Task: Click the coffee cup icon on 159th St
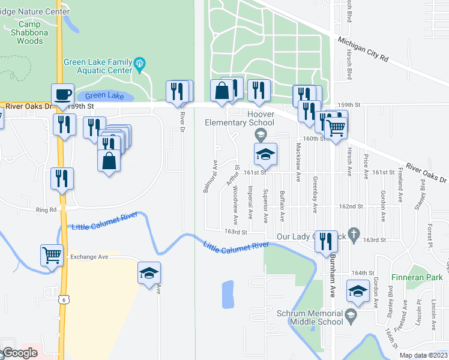pos(62,95)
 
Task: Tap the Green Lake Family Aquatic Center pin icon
pos(140,63)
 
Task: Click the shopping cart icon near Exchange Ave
pos(52,254)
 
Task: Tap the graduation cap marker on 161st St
pos(265,154)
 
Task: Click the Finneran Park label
pos(417,277)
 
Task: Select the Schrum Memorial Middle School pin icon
pos(351,314)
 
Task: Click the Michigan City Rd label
pos(363,49)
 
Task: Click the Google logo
pos(20,353)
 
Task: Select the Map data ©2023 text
pos(423,355)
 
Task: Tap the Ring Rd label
pos(46,210)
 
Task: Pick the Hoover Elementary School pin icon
pos(261,133)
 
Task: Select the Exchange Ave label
pos(89,257)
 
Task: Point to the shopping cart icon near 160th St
pos(336,126)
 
